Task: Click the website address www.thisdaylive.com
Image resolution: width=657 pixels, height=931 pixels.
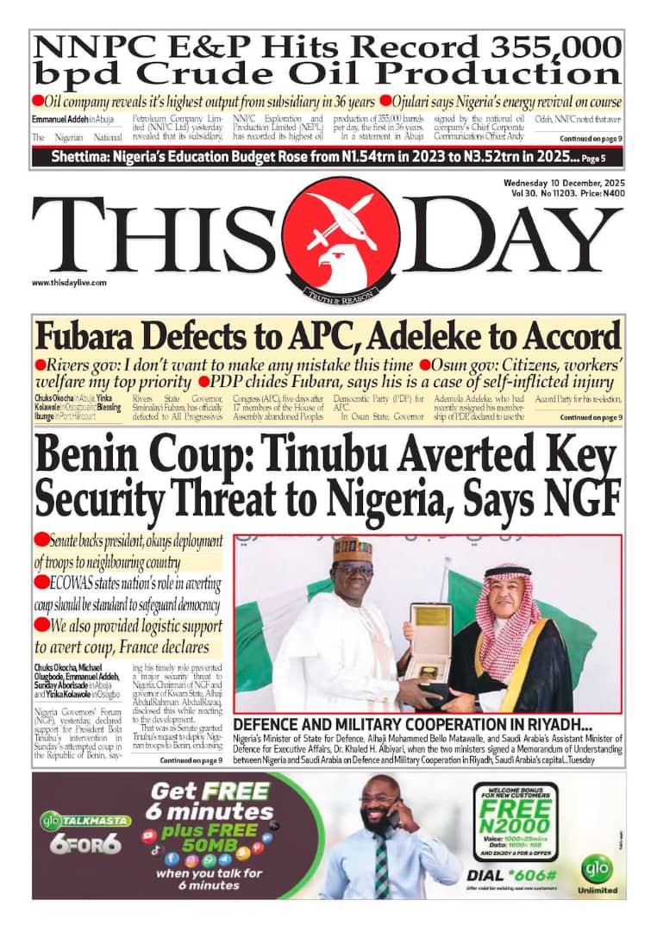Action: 69,283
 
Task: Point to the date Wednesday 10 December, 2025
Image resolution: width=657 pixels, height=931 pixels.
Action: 565,184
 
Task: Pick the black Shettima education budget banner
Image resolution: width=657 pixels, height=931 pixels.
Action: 328,158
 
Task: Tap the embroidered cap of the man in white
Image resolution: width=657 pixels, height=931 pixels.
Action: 352,548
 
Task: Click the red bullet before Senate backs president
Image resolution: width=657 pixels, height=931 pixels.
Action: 41,540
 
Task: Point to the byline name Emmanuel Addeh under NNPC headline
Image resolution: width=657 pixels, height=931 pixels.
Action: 61,118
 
